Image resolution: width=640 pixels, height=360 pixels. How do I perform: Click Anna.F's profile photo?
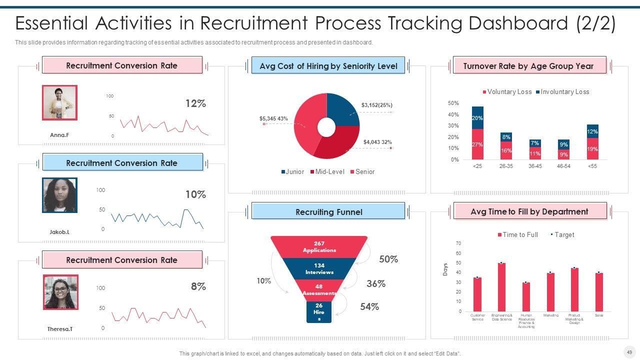[x=59, y=102]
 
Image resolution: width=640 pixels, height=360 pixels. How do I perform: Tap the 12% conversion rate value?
[x=195, y=103]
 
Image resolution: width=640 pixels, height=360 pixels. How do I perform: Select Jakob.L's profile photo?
[x=59, y=195]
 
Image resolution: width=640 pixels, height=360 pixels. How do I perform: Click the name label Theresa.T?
[x=60, y=329]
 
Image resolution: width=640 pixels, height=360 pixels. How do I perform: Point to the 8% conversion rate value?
[x=198, y=286]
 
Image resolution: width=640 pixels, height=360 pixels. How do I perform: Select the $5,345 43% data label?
[x=273, y=118]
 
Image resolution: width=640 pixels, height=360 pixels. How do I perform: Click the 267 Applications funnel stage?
[x=319, y=247]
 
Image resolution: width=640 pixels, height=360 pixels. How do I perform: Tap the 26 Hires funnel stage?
[x=319, y=312]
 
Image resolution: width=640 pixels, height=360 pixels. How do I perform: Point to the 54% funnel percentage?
[x=369, y=306]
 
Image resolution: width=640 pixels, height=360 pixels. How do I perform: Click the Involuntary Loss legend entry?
[x=562, y=91]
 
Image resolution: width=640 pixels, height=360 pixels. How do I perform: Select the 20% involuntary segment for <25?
[x=477, y=118]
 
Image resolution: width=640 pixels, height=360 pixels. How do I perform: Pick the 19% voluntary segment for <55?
[x=592, y=149]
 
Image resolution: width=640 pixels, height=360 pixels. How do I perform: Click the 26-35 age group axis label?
[x=506, y=166]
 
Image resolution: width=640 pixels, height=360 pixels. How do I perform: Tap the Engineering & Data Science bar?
[x=501, y=287]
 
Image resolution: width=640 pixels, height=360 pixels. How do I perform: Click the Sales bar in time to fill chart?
[x=599, y=292]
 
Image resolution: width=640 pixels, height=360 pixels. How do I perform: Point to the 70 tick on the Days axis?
[x=458, y=243]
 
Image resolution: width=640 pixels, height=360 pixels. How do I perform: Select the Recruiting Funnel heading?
[x=328, y=211]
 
